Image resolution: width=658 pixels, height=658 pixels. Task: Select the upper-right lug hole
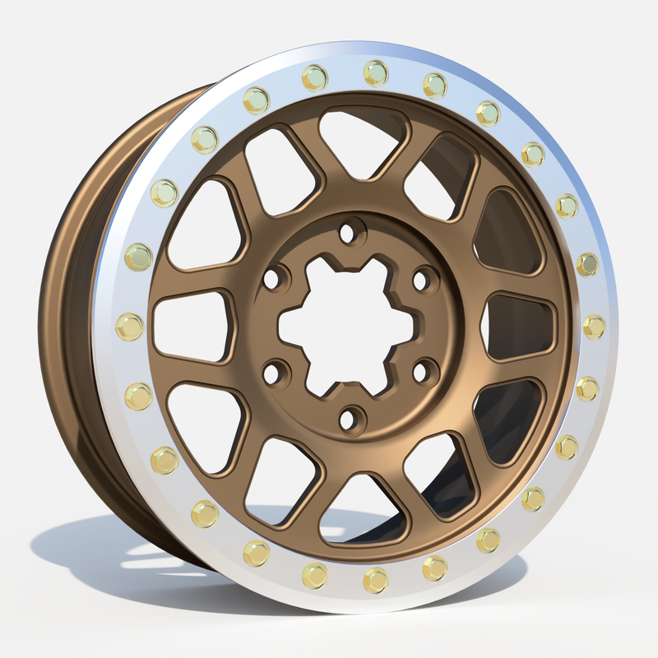[422, 280]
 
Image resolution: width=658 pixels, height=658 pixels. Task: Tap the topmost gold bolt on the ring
[375, 72]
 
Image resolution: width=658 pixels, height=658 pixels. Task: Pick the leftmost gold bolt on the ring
[129, 327]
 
